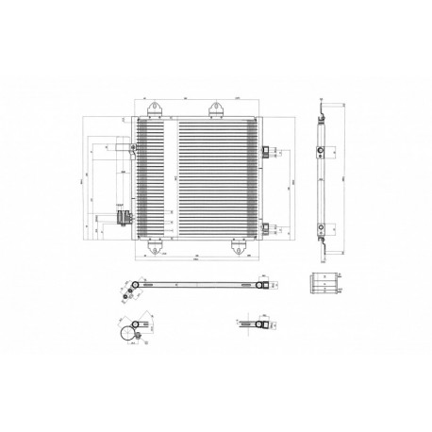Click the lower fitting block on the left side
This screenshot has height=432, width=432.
point(122,219)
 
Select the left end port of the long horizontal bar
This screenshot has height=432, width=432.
point(139,287)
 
